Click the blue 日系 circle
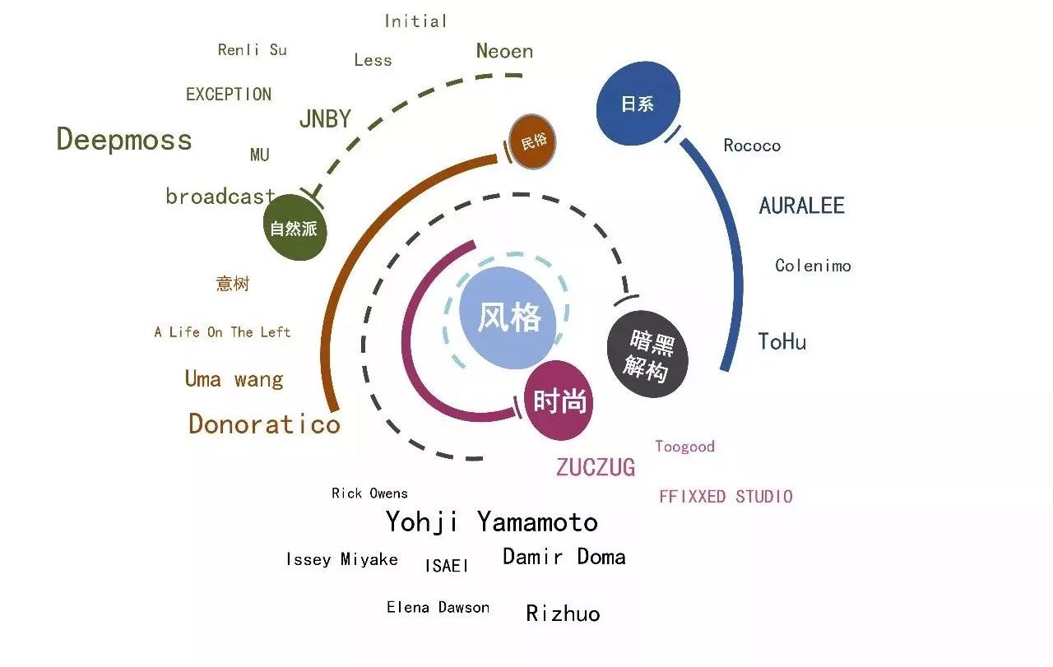(638, 103)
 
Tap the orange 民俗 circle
(532, 141)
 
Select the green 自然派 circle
(295, 228)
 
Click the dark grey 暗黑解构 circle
(647, 354)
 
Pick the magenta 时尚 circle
(559, 401)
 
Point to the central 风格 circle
(508, 317)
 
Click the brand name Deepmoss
(124, 140)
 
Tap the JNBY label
(325, 118)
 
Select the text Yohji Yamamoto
(492, 522)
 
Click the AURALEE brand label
(802, 206)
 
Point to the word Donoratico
(264, 424)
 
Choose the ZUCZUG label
(596, 467)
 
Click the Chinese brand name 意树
(233, 284)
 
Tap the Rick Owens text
(369, 493)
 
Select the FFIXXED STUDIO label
(726, 497)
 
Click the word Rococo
(752, 146)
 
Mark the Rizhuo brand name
(564, 614)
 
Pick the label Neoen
(505, 51)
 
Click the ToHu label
(782, 341)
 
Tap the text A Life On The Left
(222, 331)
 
